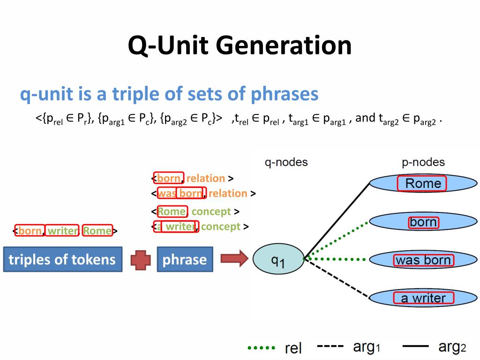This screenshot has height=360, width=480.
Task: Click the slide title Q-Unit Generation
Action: point(240,46)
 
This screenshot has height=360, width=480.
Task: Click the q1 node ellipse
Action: point(278,260)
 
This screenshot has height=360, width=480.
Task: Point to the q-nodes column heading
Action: point(286,162)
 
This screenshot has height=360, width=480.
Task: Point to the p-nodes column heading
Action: point(423,162)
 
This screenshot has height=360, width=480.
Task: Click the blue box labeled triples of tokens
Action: point(62,259)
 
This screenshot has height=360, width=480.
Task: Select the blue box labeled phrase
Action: point(185,259)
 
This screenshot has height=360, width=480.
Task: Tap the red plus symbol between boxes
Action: point(140,260)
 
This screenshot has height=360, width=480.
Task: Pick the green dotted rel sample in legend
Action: point(261,348)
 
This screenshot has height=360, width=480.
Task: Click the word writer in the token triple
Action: point(63,231)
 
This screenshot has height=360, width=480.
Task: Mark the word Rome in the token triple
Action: point(97,231)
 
